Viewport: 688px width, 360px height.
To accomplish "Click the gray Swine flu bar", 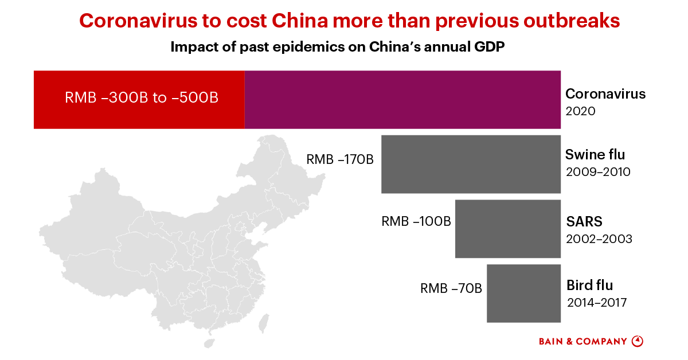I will pos(471,164).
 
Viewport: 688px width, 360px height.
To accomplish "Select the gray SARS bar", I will pos(507,229).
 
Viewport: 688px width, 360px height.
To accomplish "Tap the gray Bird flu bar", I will pos(523,293).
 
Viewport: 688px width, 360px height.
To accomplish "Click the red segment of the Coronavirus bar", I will pos(139,99).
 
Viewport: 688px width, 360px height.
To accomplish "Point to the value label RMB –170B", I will pos(340,159).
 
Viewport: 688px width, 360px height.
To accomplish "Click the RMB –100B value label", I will pos(416,221).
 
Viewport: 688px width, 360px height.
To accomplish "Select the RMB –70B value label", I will pos(451,288).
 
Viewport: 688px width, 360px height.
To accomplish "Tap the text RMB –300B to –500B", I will pos(142,97).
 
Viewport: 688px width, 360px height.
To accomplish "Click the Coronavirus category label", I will pos(605,93).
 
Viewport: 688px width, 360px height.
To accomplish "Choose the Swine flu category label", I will pos(595,154).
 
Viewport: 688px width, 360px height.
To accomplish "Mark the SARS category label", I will pos(584,221).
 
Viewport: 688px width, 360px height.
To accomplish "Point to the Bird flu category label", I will pos(590,285).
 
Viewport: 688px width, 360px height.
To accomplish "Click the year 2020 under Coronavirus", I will pos(580,111).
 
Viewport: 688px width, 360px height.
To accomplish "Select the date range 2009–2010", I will pos(598,171).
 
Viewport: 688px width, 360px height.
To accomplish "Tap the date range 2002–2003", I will pos(599,238).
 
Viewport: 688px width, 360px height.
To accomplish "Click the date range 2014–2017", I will pos(597,302).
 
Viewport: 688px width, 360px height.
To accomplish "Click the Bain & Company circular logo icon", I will pos(637,341).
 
